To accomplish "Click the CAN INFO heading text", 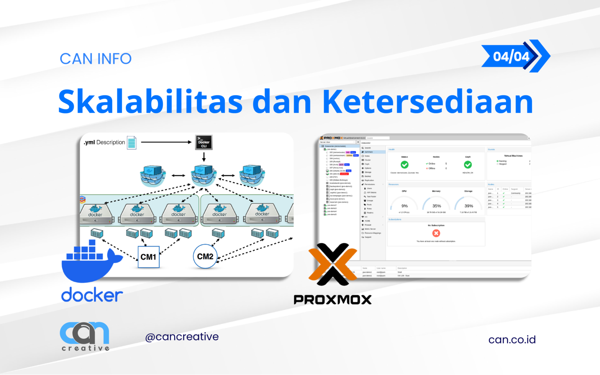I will coord(96,59).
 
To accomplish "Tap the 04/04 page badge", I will coord(511,56).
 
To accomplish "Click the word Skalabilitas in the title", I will coord(150,102).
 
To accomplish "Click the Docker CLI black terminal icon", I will coord(204,142).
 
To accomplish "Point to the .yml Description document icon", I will coord(132,143).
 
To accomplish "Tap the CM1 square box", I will coord(148,257).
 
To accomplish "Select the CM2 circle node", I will coord(205,256).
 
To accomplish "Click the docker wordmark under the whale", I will coord(92,295).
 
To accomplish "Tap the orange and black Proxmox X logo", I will coord(333,264).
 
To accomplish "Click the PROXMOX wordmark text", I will coord(332,300).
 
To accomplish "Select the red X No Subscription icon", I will coord(436,233).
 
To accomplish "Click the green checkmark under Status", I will coord(405,164).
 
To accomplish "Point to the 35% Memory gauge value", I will coord(436,206).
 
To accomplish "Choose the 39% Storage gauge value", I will coord(468,206).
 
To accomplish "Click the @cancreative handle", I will coord(182,337).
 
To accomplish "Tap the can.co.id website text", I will coord(512,339).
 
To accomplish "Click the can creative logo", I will coord(85,336).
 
